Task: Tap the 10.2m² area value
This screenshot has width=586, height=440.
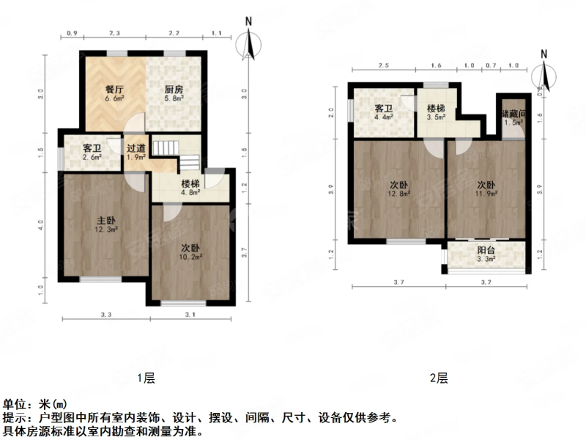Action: pyautogui.click(x=191, y=257)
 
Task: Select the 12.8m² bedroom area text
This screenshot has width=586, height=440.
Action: pyautogui.click(x=399, y=194)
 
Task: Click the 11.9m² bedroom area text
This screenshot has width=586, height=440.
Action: pyautogui.click(x=486, y=194)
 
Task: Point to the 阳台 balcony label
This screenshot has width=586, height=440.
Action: pyautogui.click(x=487, y=249)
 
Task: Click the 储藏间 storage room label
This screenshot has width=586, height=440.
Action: pyautogui.click(x=513, y=114)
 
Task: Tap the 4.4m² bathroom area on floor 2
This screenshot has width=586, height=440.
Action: pyautogui.click(x=385, y=116)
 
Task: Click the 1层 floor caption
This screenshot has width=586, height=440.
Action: pyautogui.click(x=146, y=378)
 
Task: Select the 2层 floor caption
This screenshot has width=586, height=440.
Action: pyautogui.click(x=439, y=378)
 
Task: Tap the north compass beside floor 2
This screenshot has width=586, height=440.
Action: pyautogui.click(x=543, y=73)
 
